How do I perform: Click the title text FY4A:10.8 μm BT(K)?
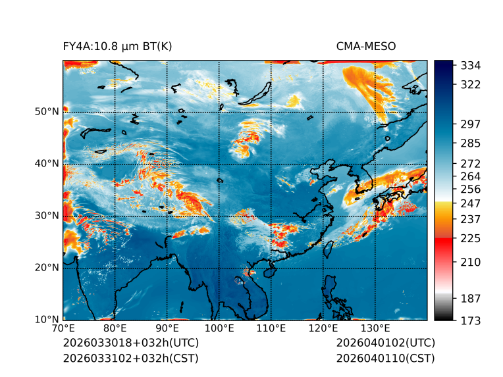pos(117,46)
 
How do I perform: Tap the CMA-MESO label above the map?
pos(365,46)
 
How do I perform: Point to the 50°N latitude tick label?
pos(46,111)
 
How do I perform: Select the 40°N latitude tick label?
pos(46,163)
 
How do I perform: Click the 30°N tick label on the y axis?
pos(46,215)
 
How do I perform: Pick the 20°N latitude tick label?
pos(46,267)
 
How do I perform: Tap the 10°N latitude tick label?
pos(46,320)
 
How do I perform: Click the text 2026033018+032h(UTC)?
pos(130,343)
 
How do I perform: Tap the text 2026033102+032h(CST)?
pos(130,358)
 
